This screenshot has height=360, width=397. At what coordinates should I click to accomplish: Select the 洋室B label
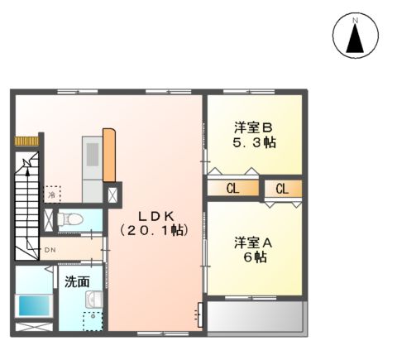pos(253,127)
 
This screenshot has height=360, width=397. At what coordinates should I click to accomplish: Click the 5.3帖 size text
pos(253,142)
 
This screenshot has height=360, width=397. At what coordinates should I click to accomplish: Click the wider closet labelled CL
pos(232,189)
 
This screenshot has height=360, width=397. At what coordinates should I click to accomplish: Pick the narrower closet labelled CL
pos(282,189)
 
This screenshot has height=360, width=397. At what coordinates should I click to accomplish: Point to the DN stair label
pos(50,249)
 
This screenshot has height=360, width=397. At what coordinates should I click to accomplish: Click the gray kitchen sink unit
pos(91,157)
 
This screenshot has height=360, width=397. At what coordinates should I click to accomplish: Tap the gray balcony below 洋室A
pos(256,317)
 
